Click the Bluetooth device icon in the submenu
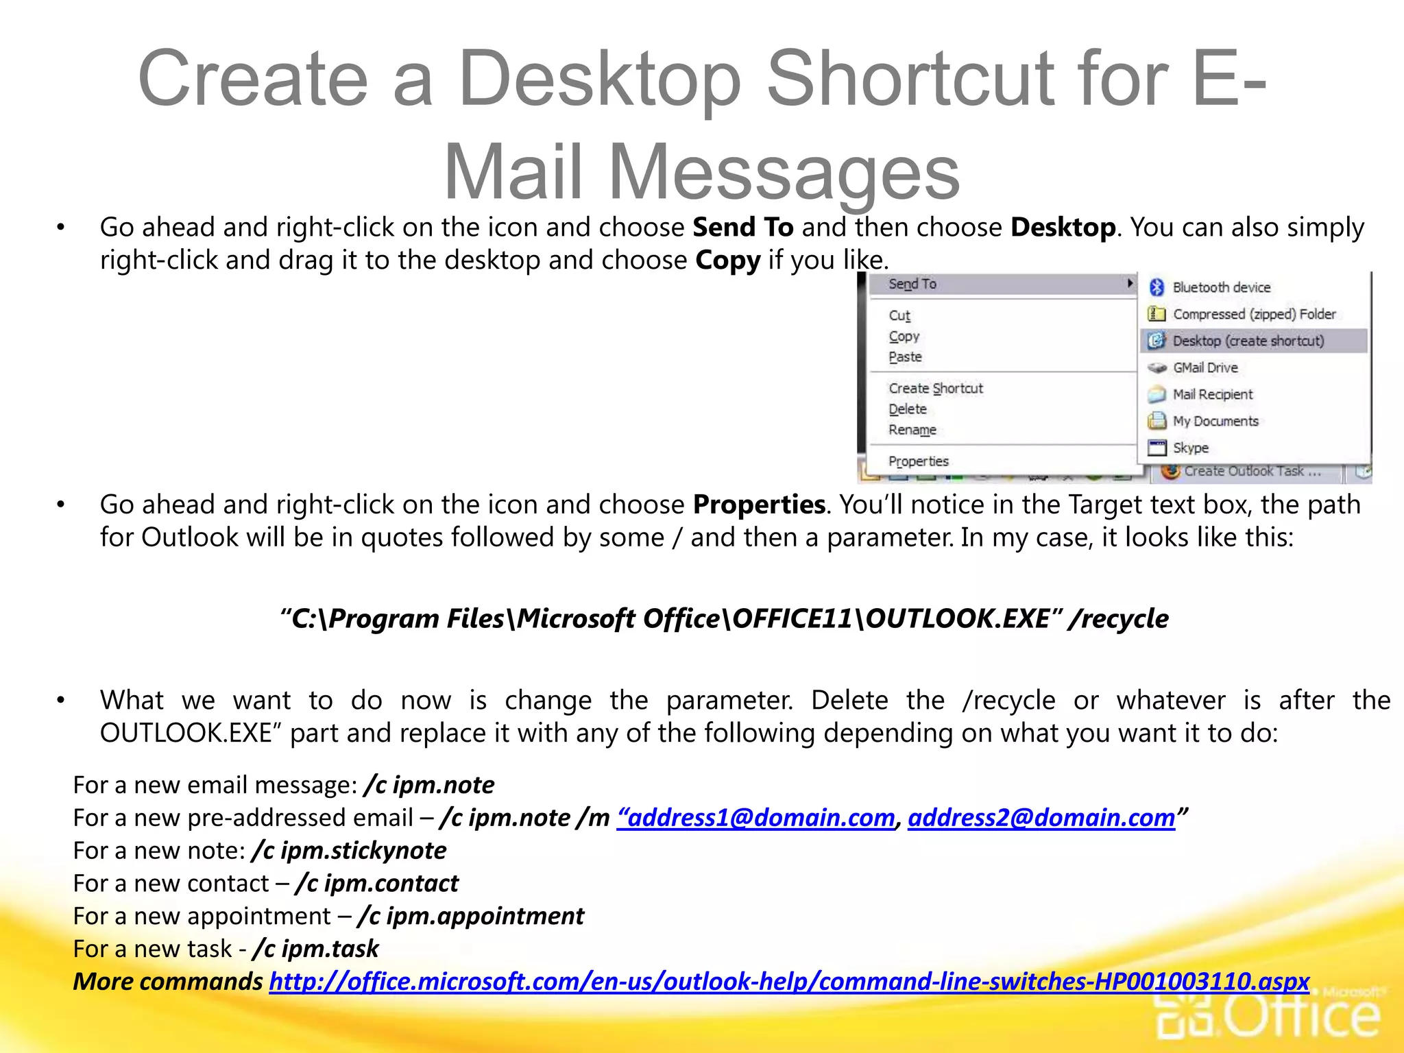1157,287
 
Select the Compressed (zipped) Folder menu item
1253,314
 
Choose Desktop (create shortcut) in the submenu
1248,341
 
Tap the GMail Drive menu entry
1205,367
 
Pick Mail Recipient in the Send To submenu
1212,394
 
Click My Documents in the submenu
1215,421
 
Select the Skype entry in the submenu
1190,448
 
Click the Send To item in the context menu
912,284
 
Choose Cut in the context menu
899,315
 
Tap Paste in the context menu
905,357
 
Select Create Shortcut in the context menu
936,389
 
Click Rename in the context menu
912,430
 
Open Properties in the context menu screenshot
919,461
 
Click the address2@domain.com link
1041,818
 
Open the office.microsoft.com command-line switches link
789,982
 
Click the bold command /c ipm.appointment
471,917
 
